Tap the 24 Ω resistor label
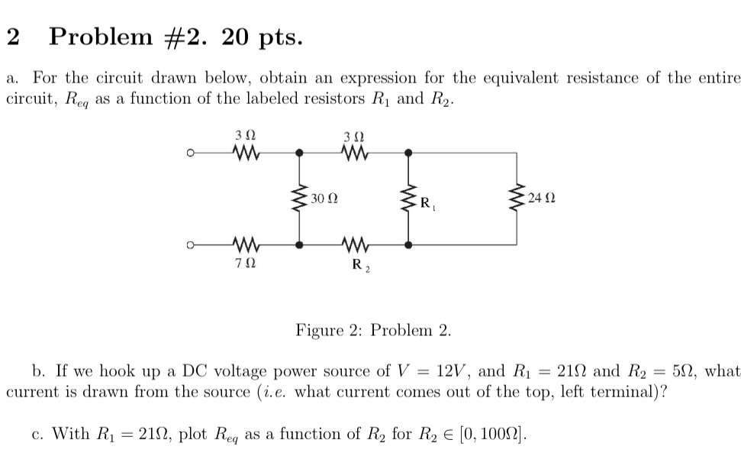(541, 199)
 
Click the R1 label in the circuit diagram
(427, 204)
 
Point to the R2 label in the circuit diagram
(358, 266)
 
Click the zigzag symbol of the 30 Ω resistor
(299, 199)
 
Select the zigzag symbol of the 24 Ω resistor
(517, 199)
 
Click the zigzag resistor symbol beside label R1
(409, 200)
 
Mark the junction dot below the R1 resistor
(409, 245)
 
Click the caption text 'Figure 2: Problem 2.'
(373, 331)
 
